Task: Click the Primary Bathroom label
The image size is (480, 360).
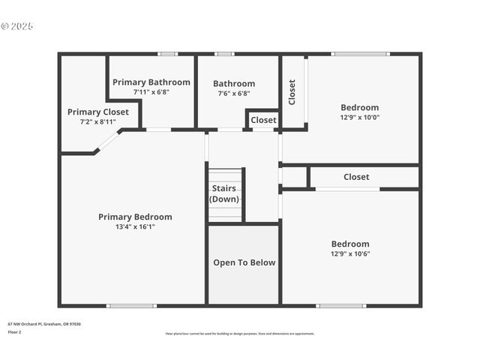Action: click(x=151, y=82)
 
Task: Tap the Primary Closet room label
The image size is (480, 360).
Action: click(x=98, y=112)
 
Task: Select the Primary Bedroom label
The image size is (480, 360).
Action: click(x=135, y=217)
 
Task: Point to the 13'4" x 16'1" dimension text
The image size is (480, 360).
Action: click(x=135, y=226)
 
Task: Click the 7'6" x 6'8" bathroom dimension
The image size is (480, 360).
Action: click(x=233, y=94)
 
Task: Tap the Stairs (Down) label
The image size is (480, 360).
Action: click(x=224, y=193)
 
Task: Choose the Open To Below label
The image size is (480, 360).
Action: click(x=244, y=262)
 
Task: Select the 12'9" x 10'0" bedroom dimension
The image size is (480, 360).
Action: click(x=359, y=117)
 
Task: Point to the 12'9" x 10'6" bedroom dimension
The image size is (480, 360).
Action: click(x=350, y=253)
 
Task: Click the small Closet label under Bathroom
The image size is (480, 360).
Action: click(x=263, y=120)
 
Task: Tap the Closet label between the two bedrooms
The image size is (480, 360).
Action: click(x=356, y=177)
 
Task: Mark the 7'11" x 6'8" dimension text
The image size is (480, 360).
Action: click(x=151, y=92)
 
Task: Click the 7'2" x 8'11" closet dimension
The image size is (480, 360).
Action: click(x=98, y=121)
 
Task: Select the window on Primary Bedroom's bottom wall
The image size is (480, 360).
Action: click(x=131, y=305)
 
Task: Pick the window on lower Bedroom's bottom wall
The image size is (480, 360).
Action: click(x=340, y=305)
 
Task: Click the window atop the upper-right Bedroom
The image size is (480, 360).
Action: click(x=361, y=54)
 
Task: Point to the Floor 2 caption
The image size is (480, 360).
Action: click(x=15, y=331)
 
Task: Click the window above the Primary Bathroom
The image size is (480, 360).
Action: click(x=167, y=54)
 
